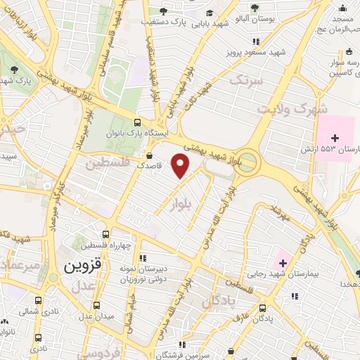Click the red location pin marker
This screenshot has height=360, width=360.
click(x=181, y=166)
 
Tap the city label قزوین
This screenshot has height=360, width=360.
click(x=83, y=267)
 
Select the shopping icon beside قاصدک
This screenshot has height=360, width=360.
click(x=149, y=156)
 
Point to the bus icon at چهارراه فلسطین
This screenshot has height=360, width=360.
click(x=105, y=235)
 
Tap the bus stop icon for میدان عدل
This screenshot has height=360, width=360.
click(x=96, y=306)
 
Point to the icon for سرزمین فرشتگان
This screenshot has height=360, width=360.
click(x=182, y=345)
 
